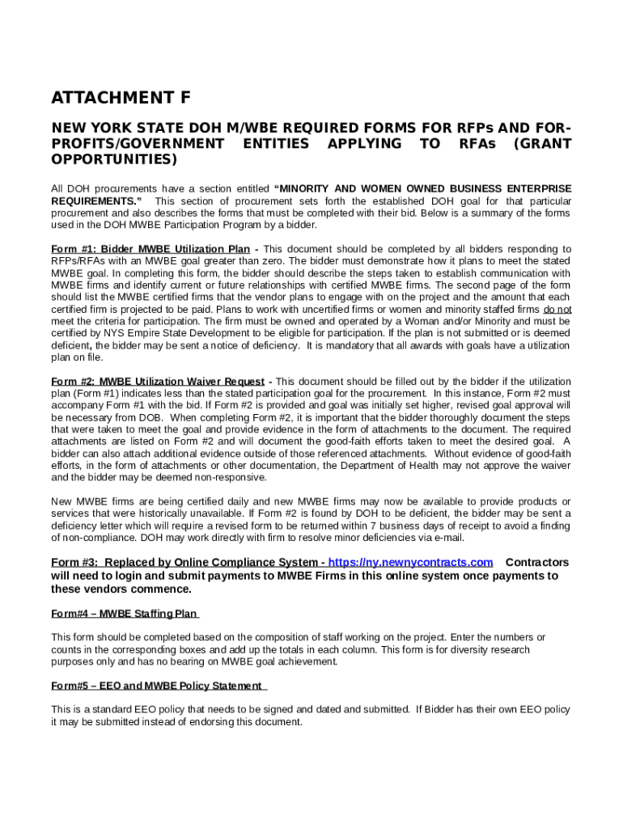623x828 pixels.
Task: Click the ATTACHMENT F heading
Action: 121,99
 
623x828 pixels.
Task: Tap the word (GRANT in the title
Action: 543,144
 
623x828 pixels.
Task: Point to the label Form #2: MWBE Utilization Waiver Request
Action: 158,382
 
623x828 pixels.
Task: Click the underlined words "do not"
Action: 557,310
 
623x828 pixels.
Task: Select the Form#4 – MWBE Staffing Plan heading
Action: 125,614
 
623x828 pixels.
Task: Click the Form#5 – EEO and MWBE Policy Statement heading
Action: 158,686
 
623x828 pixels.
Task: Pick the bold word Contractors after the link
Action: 536,563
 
